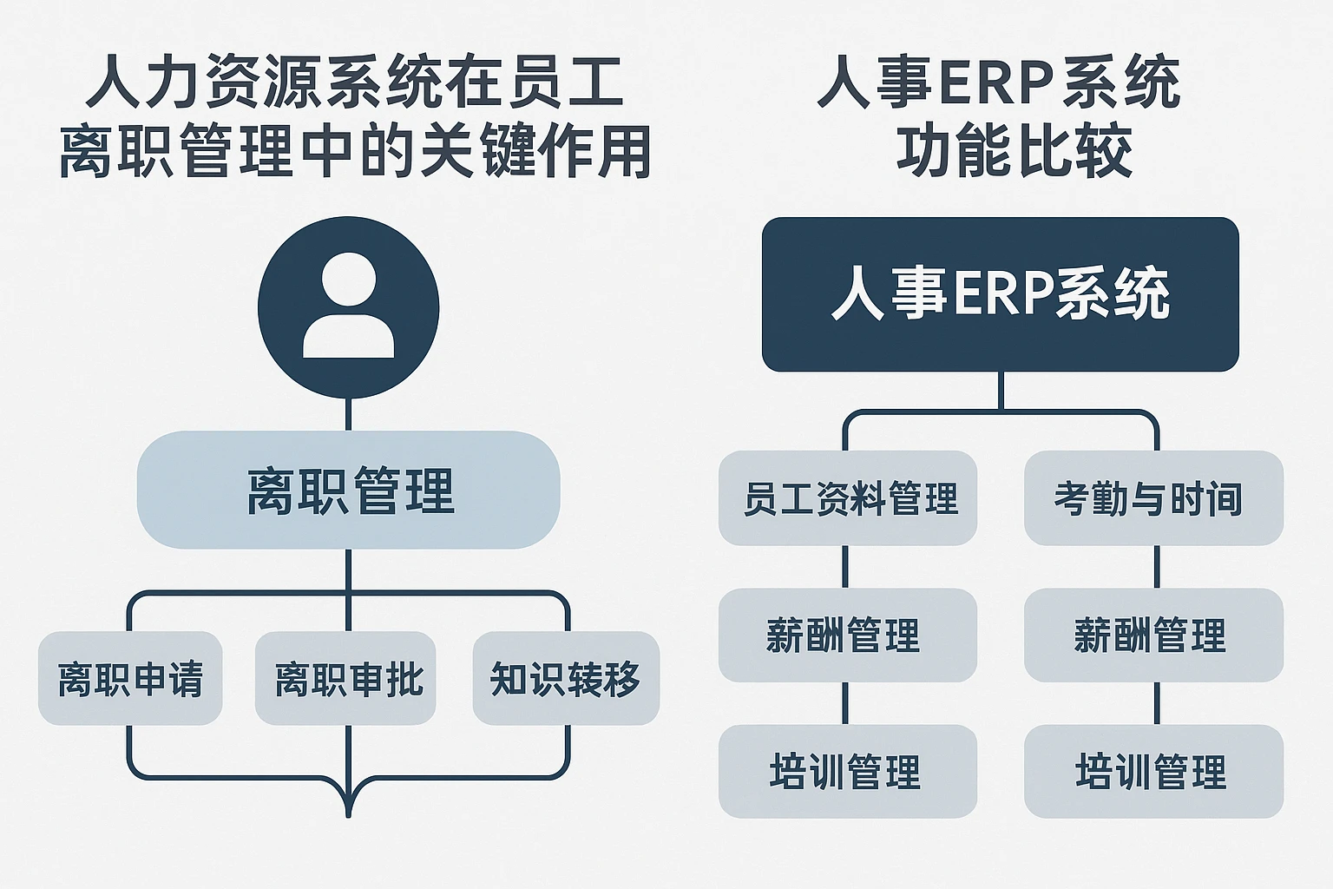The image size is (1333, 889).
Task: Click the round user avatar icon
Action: tap(348, 307)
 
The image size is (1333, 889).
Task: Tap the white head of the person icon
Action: tap(348, 280)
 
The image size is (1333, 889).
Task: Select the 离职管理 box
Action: tap(348, 490)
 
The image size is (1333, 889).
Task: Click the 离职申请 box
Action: tap(130, 678)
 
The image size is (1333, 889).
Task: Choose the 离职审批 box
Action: tap(345, 678)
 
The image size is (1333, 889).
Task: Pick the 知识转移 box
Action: tap(566, 678)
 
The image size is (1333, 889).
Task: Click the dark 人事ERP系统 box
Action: tap(1000, 294)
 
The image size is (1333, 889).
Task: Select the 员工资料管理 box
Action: tap(848, 498)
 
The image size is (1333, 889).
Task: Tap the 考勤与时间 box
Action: tap(1153, 498)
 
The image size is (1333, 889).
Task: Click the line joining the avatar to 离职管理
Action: tap(348, 415)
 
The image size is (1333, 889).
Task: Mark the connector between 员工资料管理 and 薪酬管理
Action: tap(845, 567)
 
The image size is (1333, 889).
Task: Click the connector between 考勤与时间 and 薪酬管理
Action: tap(1157, 567)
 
